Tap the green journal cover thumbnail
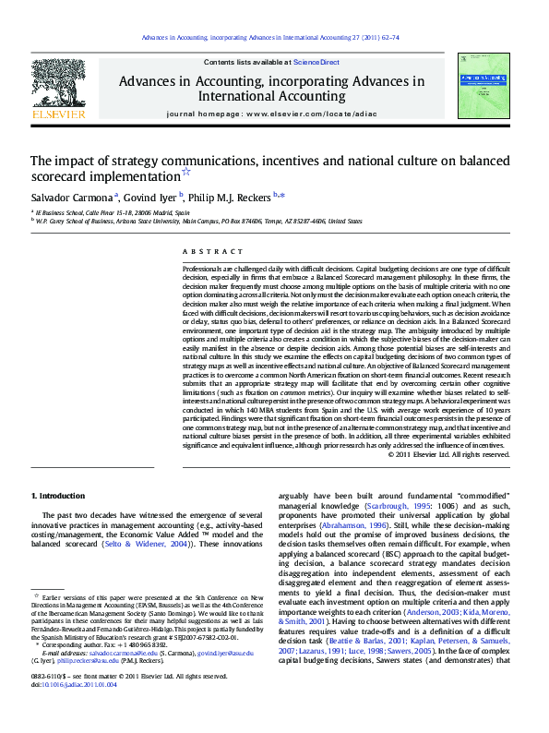(x=483, y=85)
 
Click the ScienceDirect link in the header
(x=316, y=62)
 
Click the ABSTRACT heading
(x=200, y=251)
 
